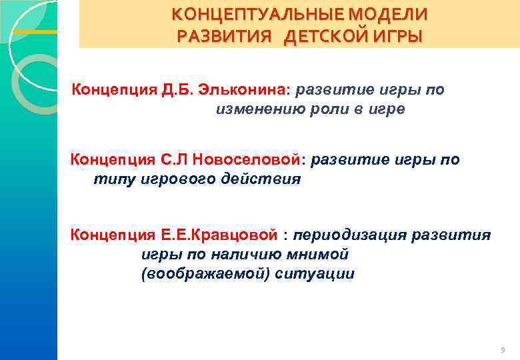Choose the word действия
265,179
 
